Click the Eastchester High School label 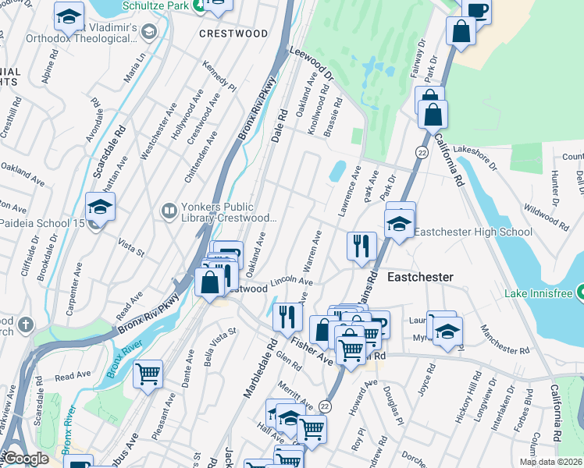point(472,232)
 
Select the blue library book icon point(169,211)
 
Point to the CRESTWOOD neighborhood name point(233,34)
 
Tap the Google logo point(26,458)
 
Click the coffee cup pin point(476,10)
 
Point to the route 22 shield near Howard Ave point(326,406)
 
